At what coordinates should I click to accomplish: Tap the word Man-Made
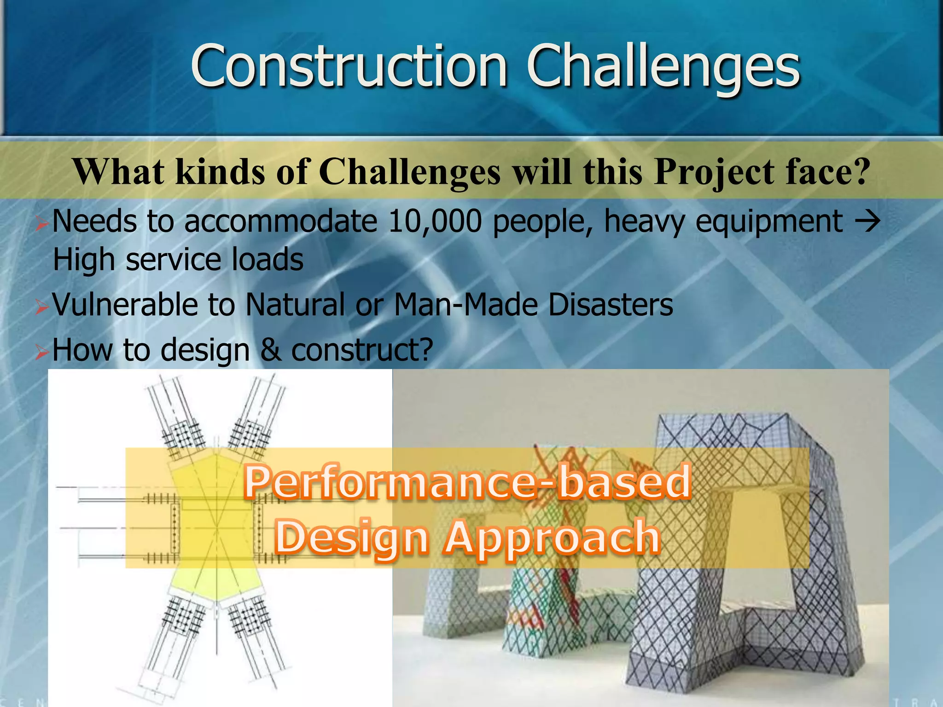466,305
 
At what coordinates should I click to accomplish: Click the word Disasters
611,305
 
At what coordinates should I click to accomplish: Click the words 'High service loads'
178,260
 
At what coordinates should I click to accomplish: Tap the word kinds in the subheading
220,172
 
